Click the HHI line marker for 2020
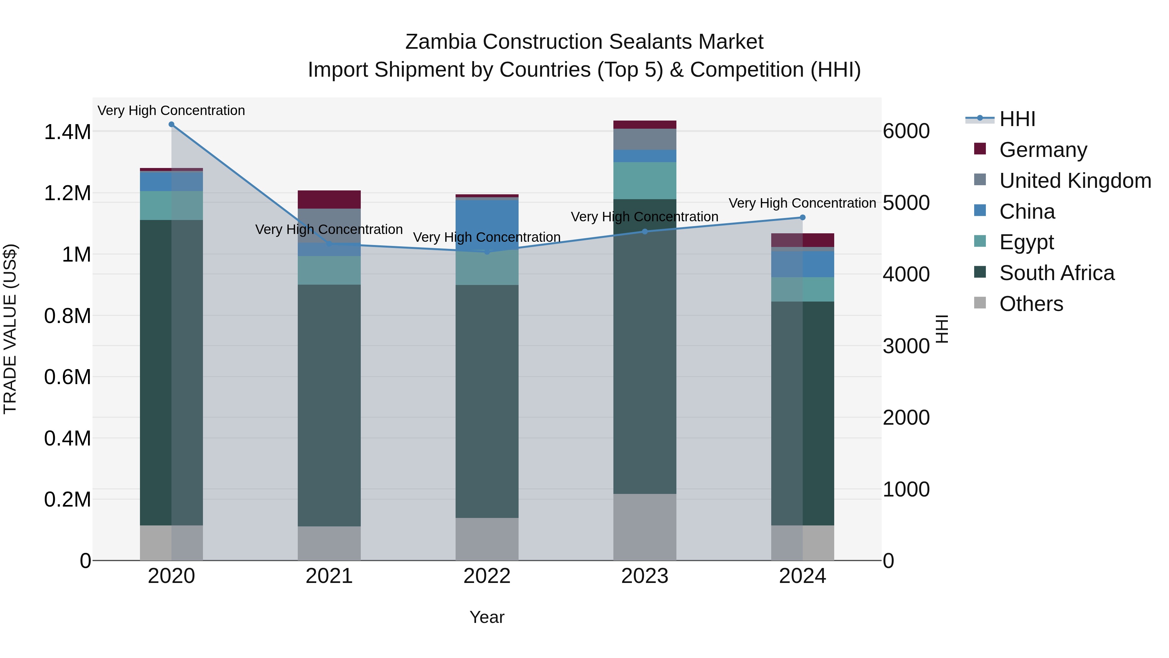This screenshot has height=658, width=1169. [x=171, y=124]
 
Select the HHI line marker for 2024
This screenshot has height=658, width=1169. [x=802, y=217]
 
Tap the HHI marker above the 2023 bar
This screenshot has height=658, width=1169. [x=645, y=232]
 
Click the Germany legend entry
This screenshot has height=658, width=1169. [x=1043, y=150]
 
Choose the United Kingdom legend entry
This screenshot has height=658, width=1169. [x=1075, y=181]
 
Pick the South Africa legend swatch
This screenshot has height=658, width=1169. [x=980, y=273]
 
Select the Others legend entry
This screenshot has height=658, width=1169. [x=1031, y=304]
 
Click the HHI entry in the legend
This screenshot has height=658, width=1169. [x=1017, y=119]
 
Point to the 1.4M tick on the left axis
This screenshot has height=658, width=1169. [x=68, y=132]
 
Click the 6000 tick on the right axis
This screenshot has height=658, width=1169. [x=906, y=131]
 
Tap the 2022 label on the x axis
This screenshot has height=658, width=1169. [x=487, y=576]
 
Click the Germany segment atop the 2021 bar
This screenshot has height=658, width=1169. [x=329, y=200]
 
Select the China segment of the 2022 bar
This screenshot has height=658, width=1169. [x=487, y=223]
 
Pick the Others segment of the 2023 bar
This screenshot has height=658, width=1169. [x=645, y=527]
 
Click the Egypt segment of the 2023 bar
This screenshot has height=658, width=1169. [x=645, y=180]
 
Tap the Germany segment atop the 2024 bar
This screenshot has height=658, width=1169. [x=802, y=240]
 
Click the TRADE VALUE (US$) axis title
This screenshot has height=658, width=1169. [x=10, y=329]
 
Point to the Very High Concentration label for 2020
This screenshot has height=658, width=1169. [x=171, y=110]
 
